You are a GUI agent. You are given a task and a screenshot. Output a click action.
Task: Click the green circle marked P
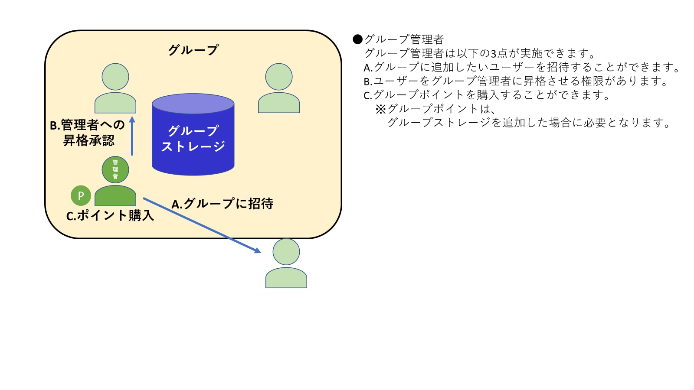pos(81,195)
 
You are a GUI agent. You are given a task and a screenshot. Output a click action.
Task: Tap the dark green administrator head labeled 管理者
pos(115,169)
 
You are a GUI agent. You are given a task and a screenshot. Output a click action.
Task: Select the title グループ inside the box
pos(193,50)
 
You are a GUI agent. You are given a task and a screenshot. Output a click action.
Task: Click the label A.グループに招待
pos(223,204)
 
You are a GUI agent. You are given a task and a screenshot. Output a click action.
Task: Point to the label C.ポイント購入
pos(110,215)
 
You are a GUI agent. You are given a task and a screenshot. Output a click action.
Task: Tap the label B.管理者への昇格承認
pos(88,133)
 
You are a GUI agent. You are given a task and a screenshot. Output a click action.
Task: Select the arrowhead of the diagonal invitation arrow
pos(258,250)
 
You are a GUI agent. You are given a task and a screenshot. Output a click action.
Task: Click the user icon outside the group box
pos(286,264)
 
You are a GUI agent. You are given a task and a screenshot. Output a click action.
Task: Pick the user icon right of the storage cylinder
pos(279,89)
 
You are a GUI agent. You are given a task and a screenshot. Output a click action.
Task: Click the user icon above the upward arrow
pos(115,89)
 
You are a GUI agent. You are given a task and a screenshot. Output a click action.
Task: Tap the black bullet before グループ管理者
pos(357,39)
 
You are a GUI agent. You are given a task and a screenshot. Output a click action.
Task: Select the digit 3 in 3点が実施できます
pos(493,54)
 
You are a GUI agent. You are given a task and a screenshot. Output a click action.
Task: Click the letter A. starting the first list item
pos(368,68)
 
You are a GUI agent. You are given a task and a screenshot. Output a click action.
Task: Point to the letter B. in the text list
pos(368,81)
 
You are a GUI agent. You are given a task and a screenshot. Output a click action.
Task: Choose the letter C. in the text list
pos(368,95)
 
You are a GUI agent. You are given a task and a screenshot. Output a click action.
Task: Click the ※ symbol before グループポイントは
pos(380,109)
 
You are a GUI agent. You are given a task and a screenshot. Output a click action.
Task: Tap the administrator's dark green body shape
pos(115,196)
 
